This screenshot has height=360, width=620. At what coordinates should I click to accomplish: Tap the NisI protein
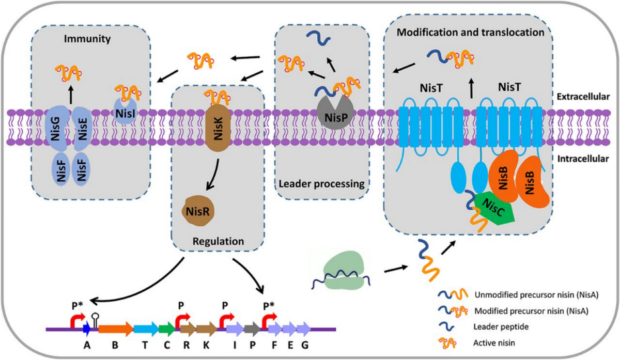tap(125, 111)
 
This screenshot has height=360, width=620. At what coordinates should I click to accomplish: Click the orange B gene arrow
tap(115, 328)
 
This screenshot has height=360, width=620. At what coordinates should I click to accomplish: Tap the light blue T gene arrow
tap(145, 328)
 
